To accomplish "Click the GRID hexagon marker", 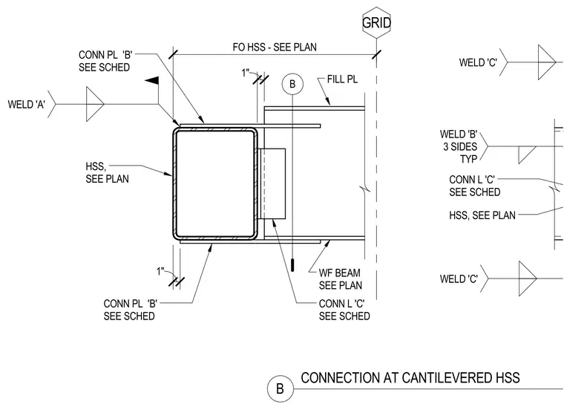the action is click(x=376, y=23).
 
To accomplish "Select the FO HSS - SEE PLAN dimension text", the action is click(x=275, y=47).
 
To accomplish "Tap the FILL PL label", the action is click(x=342, y=79).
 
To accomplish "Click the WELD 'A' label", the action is click(x=27, y=105).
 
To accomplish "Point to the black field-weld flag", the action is click(x=153, y=81).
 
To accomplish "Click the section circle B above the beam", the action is click(x=292, y=84).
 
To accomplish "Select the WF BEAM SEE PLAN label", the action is click(x=341, y=279).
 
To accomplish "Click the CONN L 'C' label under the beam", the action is click(x=344, y=310).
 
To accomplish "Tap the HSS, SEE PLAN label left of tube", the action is click(x=107, y=173).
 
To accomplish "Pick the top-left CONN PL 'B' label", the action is click(x=105, y=61).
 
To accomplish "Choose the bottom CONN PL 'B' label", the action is click(x=130, y=310).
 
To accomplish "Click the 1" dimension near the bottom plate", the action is click(x=160, y=271).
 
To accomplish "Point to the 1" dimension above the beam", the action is click(x=246, y=73).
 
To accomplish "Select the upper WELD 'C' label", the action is click(x=478, y=62).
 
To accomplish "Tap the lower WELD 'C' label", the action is click(x=459, y=279).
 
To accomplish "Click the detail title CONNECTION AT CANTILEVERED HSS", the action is click(x=410, y=378).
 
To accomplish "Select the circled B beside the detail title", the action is click(x=281, y=388).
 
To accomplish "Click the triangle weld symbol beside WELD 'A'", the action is click(x=95, y=104).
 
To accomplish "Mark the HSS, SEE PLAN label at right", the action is click(x=482, y=215).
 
